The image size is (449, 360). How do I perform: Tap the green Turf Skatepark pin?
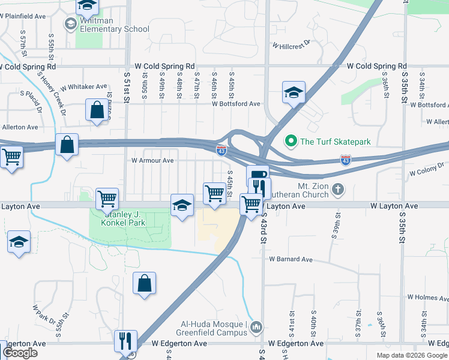pos(291,142)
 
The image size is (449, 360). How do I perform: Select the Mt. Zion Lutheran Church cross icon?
pos(338,190)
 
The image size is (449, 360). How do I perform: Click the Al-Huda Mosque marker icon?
pos(257,326)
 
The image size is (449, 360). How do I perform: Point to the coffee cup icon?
pos(258,175)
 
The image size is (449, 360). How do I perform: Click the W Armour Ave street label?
pos(152,161)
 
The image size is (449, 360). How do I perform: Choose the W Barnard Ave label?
pos(291,259)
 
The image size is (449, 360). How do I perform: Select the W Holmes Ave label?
pos(427,297)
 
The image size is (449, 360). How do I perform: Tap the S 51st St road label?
pos(126,90)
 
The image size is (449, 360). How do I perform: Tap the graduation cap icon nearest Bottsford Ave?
pos(294,92)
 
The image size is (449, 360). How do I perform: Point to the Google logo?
pos(20,352)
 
